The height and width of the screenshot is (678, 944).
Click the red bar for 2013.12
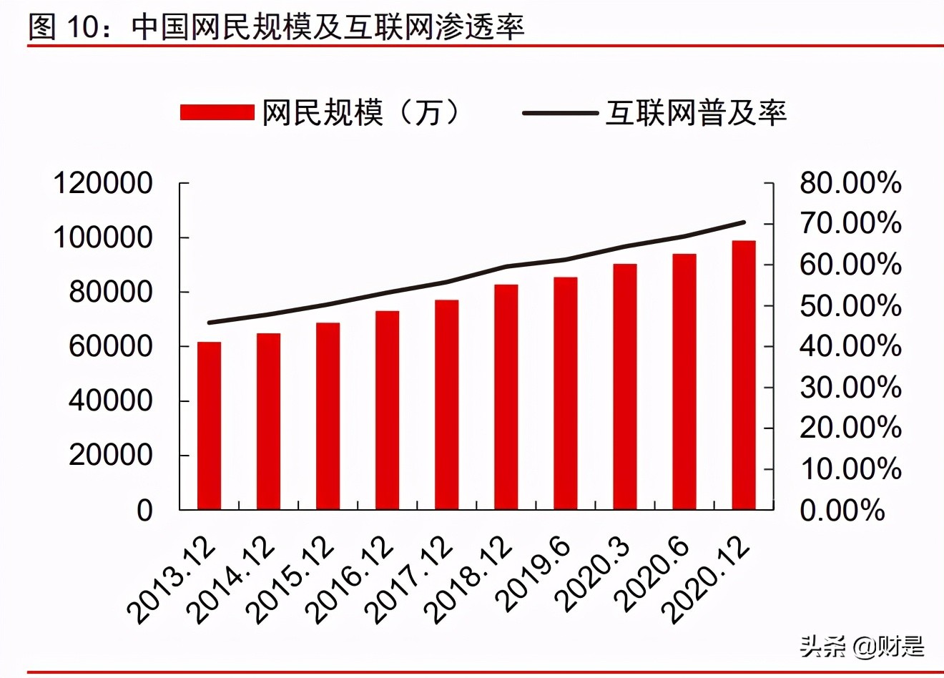(210, 426)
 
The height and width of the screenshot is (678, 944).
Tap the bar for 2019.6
(566, 393)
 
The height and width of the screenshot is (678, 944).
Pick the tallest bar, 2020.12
(744, 375)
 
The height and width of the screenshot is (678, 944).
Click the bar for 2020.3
(625, 387)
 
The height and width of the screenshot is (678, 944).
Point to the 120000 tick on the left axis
(103, 184)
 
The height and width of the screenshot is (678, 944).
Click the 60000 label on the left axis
(110, 347)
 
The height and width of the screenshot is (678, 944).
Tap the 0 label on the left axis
(144, 511)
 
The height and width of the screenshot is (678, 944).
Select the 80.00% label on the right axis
(850, 184)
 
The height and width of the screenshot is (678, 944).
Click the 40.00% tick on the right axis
(850, 347)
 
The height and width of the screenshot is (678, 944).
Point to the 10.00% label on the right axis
(850, 470)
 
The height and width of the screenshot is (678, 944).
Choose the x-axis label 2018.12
(469, 579)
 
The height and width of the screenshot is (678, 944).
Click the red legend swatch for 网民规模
(217, 113)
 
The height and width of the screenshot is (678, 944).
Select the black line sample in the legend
(560, 113)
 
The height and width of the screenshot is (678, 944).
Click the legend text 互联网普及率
(696, 113)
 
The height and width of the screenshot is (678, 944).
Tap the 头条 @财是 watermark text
(862, 647)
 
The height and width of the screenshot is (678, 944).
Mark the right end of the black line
(744, 222)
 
